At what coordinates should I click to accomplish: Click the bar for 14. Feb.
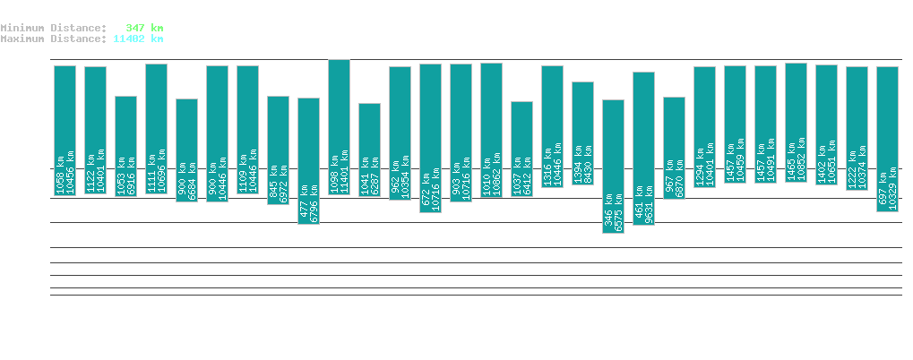pyautogui.click(x=339, y=127)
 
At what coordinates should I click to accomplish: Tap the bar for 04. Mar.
pyautogui.click(x=887, y=139)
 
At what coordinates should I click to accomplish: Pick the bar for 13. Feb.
pyautogui.click(x=308, y=160)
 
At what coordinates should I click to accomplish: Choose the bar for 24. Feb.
pyautogui.click(x=643, y=148)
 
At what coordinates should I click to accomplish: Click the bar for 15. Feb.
pyautogui.click(x=369, y=150)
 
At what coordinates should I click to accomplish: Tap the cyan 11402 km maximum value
pyautogui.click(x=138, y=39)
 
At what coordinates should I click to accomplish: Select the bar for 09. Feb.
pyautogui.click(x=186, y=150)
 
